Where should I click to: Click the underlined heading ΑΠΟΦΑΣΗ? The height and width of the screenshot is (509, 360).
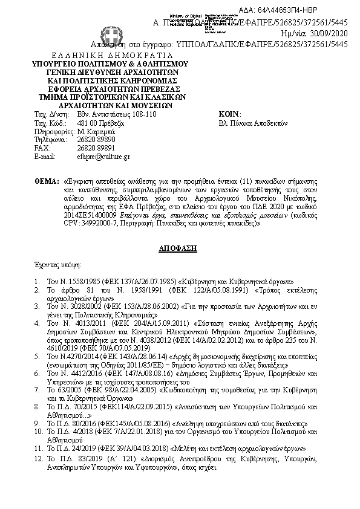180,248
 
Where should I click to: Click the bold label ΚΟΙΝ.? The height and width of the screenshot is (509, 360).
230,114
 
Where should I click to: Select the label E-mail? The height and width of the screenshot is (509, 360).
45,157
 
